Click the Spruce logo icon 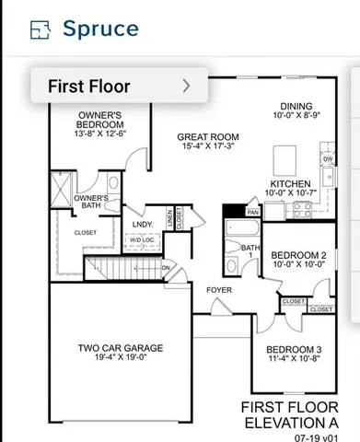(x=40, y=29)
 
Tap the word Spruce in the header (x=100, y=28)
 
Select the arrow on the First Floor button (x=187, y=87)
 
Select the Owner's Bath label (x=91, y=202)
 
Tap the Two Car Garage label (x=121, y=347)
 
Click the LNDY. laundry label (x=142, y=224)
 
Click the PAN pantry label (x=252, y=212)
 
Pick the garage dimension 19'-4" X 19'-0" (x=121, y=356)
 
